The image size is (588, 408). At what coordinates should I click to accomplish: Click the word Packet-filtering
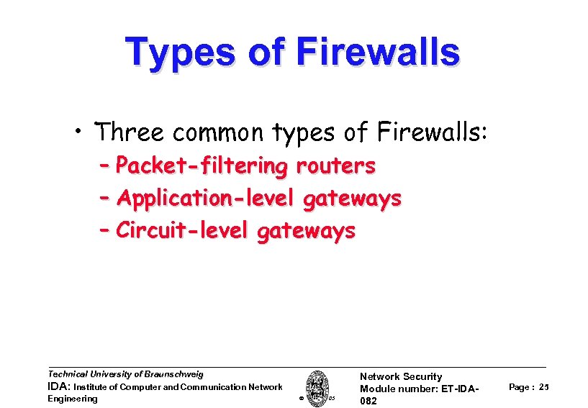click(x=202, y=166)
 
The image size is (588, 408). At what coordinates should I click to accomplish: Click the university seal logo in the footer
click(x=317, y=387)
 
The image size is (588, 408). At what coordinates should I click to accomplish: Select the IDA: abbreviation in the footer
click(x=59, y=387)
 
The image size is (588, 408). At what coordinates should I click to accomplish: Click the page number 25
click(x=543, y=387)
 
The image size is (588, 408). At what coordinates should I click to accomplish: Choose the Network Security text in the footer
click(x=401, y=376)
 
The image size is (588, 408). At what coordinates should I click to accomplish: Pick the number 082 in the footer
click(x=368, y=402)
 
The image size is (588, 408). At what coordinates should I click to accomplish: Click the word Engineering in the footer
click(x=72, y=399)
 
